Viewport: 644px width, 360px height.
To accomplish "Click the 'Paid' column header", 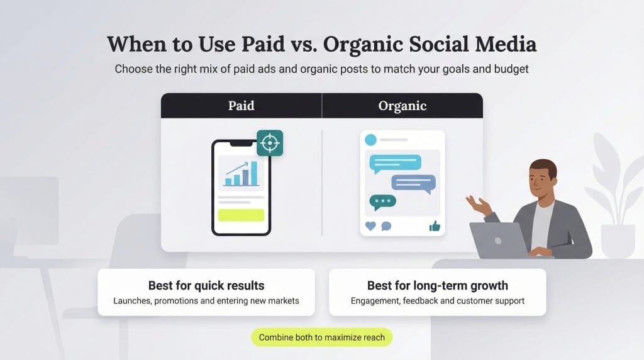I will [241, 106].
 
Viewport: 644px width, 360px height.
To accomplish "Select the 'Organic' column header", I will [402, 106].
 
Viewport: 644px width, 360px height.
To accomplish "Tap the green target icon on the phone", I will [270, 143].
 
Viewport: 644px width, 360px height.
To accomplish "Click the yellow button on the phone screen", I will [241, 215].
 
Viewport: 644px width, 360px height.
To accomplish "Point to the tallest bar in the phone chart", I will [254, 173].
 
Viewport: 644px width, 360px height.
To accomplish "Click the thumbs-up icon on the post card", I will [435, 226].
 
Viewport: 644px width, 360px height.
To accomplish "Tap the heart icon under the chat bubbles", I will [370, 226].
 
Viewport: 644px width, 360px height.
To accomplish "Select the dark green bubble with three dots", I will [383, 201].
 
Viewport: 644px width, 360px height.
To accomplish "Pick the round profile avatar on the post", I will [370, 140].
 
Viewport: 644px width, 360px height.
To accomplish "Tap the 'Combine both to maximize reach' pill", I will [322, 337].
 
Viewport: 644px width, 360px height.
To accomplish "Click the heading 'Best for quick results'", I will [206, 286].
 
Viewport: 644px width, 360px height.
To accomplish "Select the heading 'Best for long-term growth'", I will [438, 286].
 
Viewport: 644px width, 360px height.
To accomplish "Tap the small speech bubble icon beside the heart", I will [386, 226].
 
